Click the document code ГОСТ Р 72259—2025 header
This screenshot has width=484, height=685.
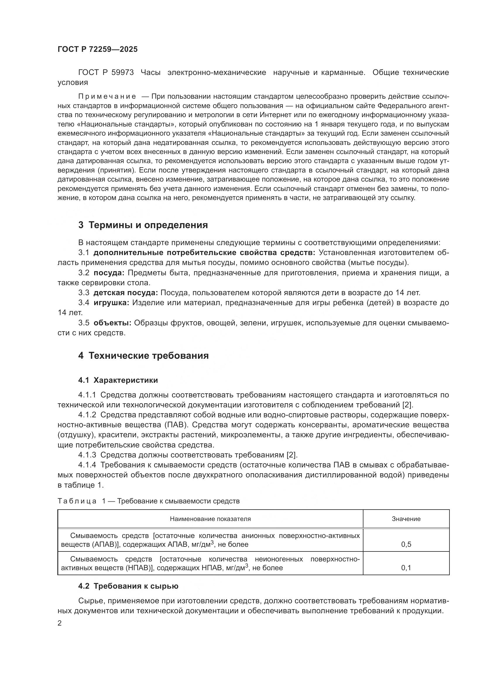click(x=97, y=49)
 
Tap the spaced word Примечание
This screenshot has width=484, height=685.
click(x=107, y=96)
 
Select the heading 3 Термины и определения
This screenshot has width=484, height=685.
click(x=143, y=225)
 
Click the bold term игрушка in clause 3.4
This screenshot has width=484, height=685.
click(x=111, y=303)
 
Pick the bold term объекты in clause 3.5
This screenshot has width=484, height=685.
click(x=112, y=323)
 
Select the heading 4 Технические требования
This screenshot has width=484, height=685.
click(x=143, y=356)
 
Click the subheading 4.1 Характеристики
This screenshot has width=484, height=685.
click(x=118, y=380)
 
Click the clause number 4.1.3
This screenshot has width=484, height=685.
click(x=87, y=455)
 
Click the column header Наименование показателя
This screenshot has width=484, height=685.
click(x=210, y=519)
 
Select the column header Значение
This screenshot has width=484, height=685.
click(x=406, y=519)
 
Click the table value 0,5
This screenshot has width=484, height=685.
click(x=406, y=544)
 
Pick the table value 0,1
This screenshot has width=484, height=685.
click(x=406, y=568)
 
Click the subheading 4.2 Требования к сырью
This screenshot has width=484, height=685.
click(x=128, y=586)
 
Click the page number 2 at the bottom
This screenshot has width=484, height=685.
click(x=60, y=623)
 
